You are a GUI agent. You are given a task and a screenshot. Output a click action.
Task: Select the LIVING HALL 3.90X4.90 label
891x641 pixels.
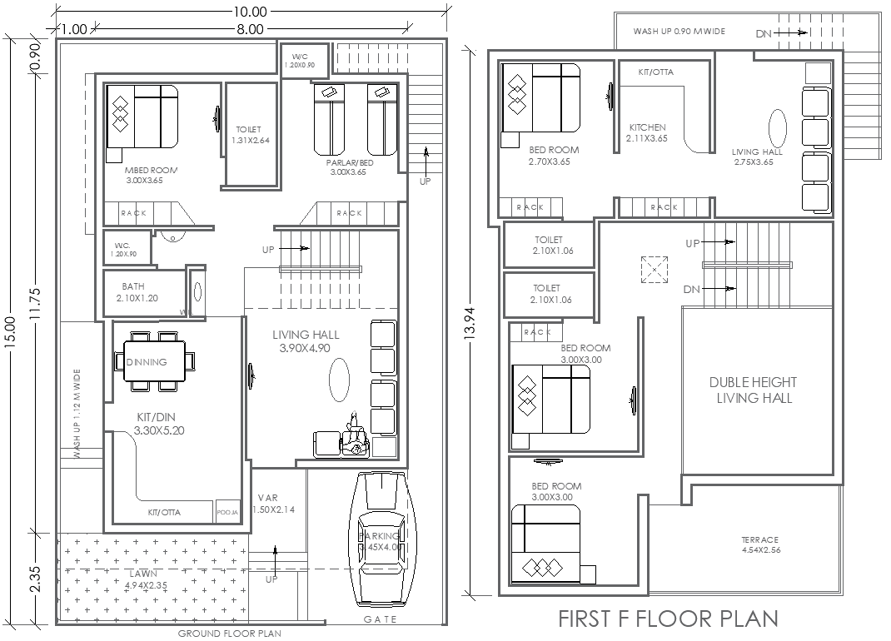click(306, 341)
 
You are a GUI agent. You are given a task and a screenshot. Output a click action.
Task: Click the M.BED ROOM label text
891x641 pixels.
click(152, 174)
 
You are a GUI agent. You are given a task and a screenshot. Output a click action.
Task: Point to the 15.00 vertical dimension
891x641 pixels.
click(11, 333)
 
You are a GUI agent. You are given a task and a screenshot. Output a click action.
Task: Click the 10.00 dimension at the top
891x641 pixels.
click(250, 12)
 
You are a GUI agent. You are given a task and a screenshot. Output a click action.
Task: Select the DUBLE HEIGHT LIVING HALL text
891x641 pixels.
click(753, 390)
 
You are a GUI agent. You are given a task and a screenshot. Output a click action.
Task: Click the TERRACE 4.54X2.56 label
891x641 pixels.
click(759, 544)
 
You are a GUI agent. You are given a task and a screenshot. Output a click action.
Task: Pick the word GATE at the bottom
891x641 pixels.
click(381, 619)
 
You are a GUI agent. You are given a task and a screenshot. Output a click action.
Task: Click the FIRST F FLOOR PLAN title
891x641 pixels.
click(667, 619)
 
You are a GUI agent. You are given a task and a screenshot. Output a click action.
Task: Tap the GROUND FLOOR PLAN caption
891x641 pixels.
click(230, 634)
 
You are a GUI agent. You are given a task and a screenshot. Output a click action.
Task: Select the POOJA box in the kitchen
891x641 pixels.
click(227, 512)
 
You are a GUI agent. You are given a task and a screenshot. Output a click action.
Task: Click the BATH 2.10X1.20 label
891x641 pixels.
click(138, 292)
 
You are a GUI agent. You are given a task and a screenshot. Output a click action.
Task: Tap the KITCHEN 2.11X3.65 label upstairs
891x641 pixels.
click(647, 132)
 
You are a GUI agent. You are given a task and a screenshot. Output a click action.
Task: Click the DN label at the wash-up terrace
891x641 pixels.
click(763, 33)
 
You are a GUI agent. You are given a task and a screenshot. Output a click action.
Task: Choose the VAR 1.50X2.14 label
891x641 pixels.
click(271, 504)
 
